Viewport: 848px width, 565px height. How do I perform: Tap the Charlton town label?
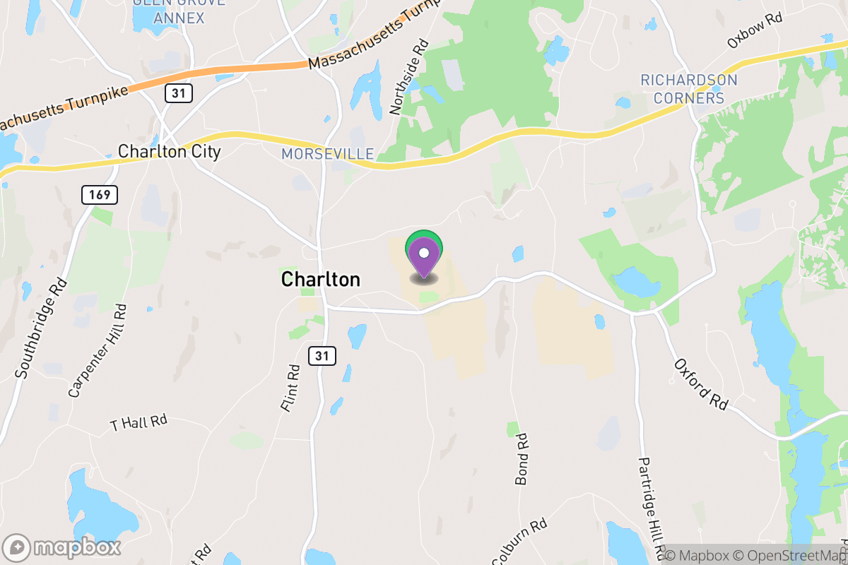coord(320,280)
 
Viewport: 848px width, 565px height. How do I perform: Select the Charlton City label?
coord(170,151)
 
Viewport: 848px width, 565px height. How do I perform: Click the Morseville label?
coord(327,153)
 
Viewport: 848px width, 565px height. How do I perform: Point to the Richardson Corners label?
coord(689,89)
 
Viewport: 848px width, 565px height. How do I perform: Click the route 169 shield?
coord(100,195)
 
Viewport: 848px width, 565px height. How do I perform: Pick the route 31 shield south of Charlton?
coord(322,356)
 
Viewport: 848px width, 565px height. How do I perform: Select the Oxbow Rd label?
coord(755,30)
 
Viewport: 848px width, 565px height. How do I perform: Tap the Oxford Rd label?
coord(700,385)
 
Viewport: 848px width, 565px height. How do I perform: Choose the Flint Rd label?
coord(290,389)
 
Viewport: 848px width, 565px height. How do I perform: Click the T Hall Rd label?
coord(139,422)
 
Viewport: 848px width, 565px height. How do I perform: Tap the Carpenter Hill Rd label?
coord(98,351)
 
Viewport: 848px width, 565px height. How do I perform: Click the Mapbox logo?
coord(62,547)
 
